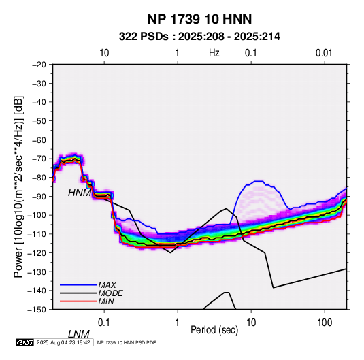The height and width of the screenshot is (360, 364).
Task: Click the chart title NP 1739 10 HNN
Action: coord(199,19)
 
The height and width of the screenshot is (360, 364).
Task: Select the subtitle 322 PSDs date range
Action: coord(199,37)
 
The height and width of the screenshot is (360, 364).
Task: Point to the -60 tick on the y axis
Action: coord(39,140)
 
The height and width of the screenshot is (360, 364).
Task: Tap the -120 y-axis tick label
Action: coord(37,252)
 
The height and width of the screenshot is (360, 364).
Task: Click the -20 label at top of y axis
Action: coord(39,65)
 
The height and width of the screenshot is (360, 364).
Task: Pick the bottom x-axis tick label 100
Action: coord(325,323)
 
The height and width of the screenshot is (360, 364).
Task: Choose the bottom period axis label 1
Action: coord(178,323)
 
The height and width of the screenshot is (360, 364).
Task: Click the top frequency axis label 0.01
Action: coord(324,53)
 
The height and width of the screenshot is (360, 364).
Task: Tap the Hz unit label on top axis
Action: coord(214,53)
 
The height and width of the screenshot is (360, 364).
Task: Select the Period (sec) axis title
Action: coord(214,330)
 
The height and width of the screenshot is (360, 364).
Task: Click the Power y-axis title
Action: coord(18,186)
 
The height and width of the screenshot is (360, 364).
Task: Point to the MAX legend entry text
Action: coord(107,285)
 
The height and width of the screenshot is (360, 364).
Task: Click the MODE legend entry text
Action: coord(110,293)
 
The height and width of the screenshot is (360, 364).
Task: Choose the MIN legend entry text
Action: coord(106,301)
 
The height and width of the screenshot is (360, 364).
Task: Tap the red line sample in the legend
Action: coord(78,301)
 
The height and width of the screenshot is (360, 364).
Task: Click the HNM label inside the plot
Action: coord(80,193)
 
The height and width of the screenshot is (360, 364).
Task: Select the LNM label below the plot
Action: coord(79,334)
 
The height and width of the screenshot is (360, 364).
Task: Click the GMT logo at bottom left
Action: coord(24,342)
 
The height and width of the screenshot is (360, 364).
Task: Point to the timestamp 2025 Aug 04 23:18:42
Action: coord(63,342)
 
